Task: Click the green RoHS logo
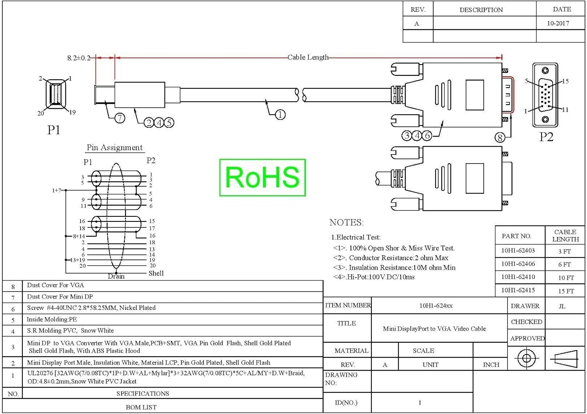(x=263, y=177)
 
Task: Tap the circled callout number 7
(x=120, y=118)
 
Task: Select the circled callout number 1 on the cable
(x=280, y=115)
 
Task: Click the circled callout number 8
(x=500, y=137)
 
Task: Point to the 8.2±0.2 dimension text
(x=79, y=58)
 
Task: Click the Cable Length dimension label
(x=308, y=57)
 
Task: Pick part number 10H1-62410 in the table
(x=518, y=277)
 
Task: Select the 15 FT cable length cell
(x=566, y=291)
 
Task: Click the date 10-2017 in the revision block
(x=558, y=23)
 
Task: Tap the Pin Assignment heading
(x=115, y=148)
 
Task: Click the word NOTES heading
(x=346, y=223)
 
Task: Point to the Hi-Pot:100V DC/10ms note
(x=374, y=277)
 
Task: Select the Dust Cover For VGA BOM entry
(x=55, y=285)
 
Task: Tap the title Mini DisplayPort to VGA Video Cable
(x=434, y=329)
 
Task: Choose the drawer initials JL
(x=562, y=306)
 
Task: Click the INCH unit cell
(x=491, y=365)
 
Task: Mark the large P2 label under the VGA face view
(x=546, y=137)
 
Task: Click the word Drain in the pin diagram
(x=116, y=276)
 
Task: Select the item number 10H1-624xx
(x=436, y=306)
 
